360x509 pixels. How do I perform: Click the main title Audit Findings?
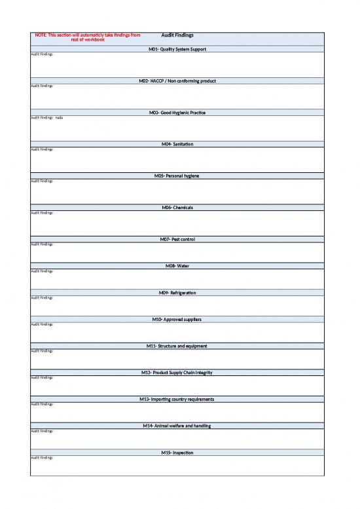pyautogui.click(x=177, y=35)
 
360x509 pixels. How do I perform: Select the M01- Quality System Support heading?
pyautogui.click(x=177, y=49)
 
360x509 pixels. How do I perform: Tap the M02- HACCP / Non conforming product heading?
pyautogui.click(x=177, y=81)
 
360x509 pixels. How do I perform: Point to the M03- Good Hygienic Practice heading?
pyautogui.click(x=177, y=113)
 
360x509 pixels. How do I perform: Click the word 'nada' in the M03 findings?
pyautogui.click(x=59, y=118)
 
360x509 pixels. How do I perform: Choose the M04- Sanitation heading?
pyautogui.click(x=177, y=143)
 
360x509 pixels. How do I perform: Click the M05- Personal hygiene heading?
pyautogui.click(x=177, y=176)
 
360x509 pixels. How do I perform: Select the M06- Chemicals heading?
pyautogui.click(x=177, y=207)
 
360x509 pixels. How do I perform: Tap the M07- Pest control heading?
pyautogui.click(x=177, y=239)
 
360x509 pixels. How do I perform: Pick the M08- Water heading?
pyautogui.click(x=177, y=265)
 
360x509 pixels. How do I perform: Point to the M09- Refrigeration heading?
pyautogui.click(x=177, y=292)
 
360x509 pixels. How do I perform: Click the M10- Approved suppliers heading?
pyautogui.click(x=177, y=319)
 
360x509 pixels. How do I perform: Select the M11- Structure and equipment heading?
pyautogui.click(x=177, y=345)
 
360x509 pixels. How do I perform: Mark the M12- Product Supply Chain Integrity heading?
pyautogui.click(x=177, y=372)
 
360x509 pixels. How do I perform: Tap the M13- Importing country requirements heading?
pyautogui.click(x=177, y=399)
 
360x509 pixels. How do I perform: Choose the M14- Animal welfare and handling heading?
pyautogui.click(x=177, y=426)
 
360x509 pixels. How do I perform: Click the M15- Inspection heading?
pyautogui.click(x=177, y=452)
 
